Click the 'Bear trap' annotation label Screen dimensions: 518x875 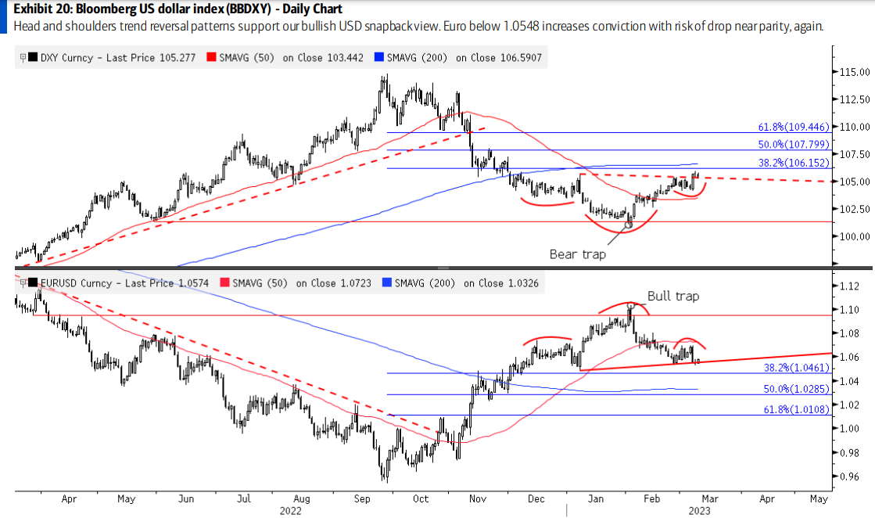[577, 254]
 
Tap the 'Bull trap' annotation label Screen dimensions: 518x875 [672, 296]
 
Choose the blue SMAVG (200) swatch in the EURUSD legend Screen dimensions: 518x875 [387, 282]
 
